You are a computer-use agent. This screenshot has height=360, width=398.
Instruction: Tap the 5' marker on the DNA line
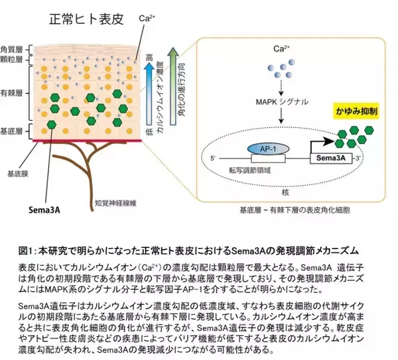pos(212,158)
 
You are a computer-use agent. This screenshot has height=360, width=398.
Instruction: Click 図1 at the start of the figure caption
pos(27,251)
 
